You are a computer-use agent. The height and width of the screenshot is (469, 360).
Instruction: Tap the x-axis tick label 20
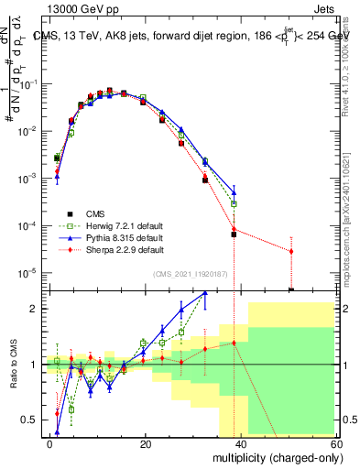[x=145, y=443]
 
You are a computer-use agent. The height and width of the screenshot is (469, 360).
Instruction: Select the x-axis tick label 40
[x=240, y=443]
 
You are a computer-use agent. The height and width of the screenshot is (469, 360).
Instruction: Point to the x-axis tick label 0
[x=50, y=443]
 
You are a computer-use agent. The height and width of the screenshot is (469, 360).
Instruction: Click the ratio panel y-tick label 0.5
[x=29, y=420]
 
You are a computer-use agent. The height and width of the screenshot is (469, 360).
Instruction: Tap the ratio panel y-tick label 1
[x=34, y=365]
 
